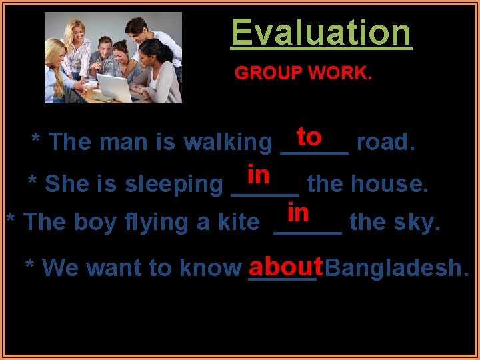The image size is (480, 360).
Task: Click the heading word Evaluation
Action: point(321,33)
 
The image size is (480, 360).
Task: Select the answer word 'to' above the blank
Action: point(310,137)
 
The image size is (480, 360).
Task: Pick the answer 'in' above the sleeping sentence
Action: point(258,175)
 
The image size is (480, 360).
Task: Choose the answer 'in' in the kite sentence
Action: point(298,213)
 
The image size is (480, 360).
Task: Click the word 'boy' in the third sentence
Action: point(91,222)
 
